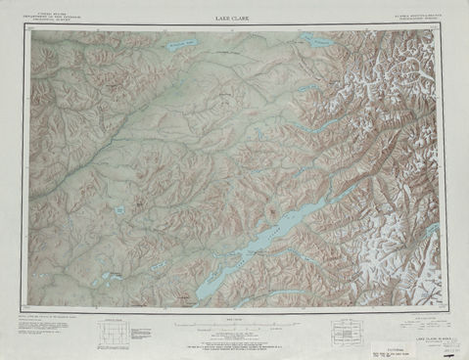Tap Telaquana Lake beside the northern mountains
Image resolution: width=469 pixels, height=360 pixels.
pos(318,41)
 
